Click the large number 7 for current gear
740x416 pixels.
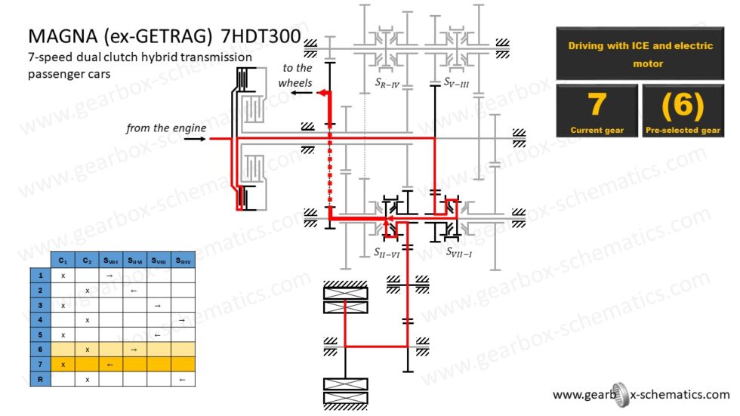(x=597, y=105)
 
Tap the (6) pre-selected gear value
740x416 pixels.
(x=682, y=105)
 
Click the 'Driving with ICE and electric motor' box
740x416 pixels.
(x=640, y=54)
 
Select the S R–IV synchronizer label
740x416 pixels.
(x=387, y=82)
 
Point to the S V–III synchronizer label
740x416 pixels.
(x=456, y=82)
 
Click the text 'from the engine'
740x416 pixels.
(x=166, y=128)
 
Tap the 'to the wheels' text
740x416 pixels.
(x=295, y=75)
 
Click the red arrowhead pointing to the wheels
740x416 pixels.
(x=321, y=93)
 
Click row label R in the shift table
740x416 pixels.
(x=39, y=379)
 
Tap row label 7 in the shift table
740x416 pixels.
(x=39, y=364)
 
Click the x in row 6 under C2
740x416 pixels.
(x=87, y=350)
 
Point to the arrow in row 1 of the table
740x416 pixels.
(x=110, y=276)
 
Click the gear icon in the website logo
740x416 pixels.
(x=618, y=394)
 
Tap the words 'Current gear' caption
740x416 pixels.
(x=597, y=131)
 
